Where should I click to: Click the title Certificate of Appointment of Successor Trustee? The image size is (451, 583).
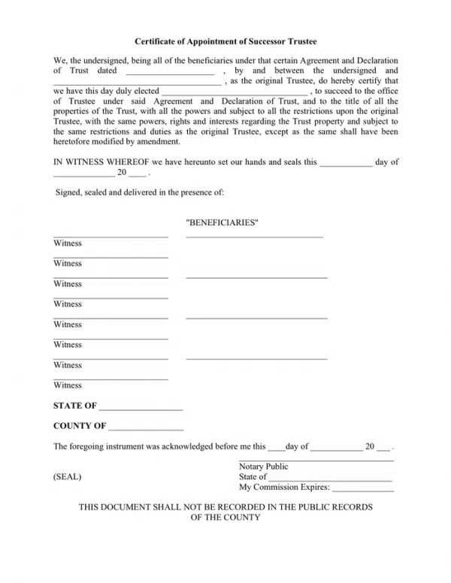coord(225,44)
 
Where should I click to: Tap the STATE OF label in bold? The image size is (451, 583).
coord(74,406)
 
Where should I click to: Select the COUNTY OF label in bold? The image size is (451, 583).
coord(79,426)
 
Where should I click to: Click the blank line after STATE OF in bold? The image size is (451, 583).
coord(141,409)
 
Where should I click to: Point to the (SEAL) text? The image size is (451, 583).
coord(68,477)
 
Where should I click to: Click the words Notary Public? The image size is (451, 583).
coord(263,467)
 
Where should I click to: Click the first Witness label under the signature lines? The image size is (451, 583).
coord(68,243)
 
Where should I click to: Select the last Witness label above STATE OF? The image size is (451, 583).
coord(68,385)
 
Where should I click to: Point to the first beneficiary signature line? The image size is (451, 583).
coord(254,237)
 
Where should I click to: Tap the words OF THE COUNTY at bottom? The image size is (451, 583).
coord(225,518)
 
